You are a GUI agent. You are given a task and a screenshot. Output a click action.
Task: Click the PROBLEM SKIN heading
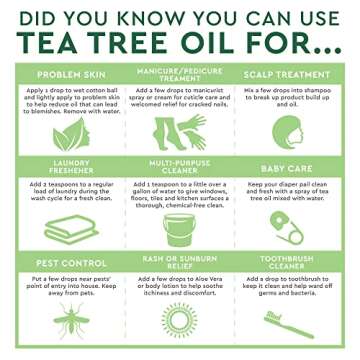[66, 75]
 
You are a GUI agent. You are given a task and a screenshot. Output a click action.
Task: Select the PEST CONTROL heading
[66, 257]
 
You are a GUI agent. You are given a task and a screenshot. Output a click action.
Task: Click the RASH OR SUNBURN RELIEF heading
[180, 257]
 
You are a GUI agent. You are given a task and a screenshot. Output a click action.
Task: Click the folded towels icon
[66, 228]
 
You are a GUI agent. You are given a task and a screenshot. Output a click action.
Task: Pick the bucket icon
[180, 228]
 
